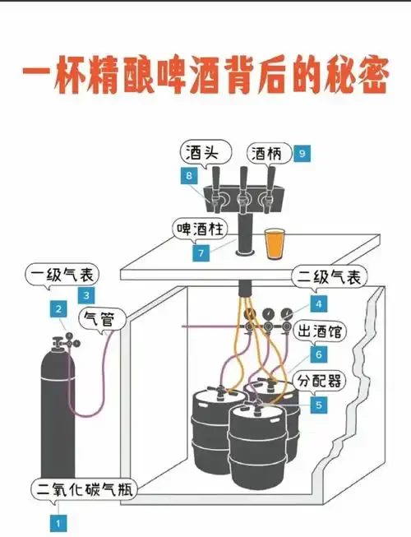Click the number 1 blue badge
click(58, 521)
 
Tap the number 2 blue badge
click(58, 309)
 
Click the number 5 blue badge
click(318, 405)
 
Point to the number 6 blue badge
click(318, 354)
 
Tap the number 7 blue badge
click(200, 254)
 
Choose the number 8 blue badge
click(191, 175)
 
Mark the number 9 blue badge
click(302, 153)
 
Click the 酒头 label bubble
click(202, 153)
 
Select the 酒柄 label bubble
click(268, 153)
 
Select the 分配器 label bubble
click(322, 382)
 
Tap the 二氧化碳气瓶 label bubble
click(84, 490)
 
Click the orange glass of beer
click(274, 244)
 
